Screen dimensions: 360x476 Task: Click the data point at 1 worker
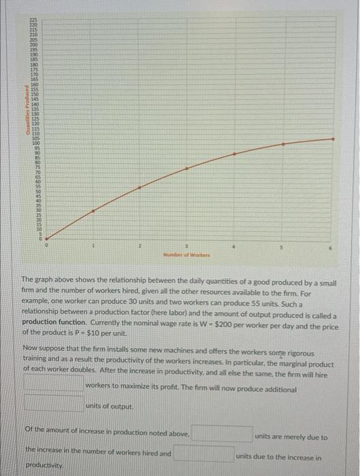[93, 211]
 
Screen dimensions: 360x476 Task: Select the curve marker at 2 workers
[140, 187]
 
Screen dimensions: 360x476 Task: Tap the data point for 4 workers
[234, 154]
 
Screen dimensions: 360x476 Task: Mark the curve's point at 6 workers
[333, 139]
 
